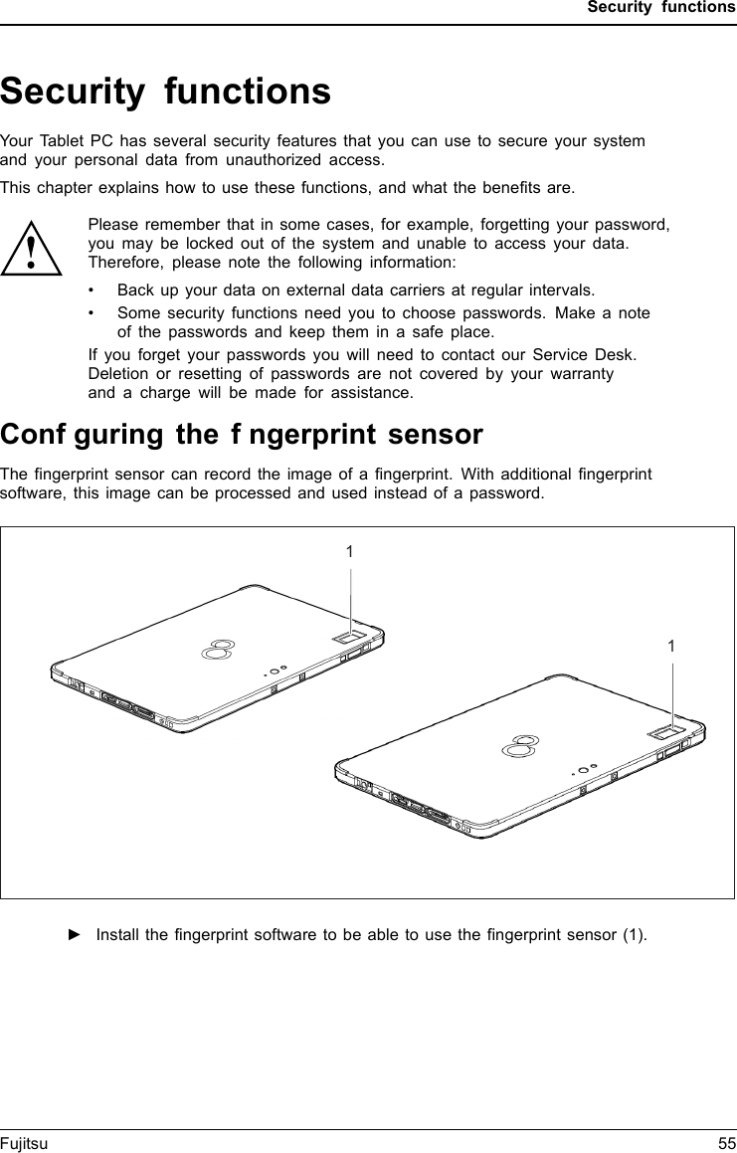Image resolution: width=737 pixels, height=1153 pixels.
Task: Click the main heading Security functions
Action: (x=165, y=92)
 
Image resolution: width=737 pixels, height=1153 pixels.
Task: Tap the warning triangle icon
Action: (x=32, y=249)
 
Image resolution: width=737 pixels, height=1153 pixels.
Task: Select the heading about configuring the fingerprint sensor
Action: (x=242, y=435)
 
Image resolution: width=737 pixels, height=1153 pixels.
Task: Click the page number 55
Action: (x=726, y=1144)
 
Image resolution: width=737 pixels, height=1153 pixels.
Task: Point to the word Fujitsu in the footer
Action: (x=24, y=1144)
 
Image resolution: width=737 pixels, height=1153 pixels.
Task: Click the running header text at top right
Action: (x=660, y=8)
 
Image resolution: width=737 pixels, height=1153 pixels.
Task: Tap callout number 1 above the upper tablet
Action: (x=349, y=551)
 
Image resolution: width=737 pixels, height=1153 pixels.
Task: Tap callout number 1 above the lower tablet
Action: (x=672, y=647)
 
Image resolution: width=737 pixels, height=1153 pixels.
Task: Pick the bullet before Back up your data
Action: (x=92, y=290)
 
